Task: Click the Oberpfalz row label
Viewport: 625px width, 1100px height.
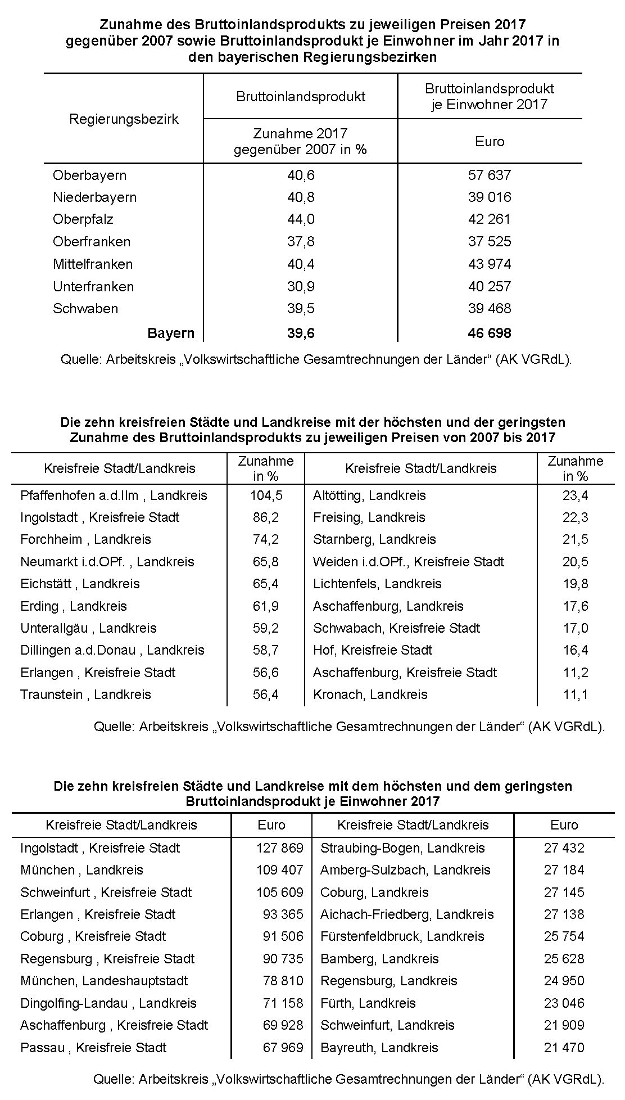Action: (83, 219)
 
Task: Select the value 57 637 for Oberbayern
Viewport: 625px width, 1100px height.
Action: (490, 175)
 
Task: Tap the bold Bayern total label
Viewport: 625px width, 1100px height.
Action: (171, 333)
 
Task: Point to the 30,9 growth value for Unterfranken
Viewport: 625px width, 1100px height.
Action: (301, 286)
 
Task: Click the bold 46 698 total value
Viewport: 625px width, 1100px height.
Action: (490, 333)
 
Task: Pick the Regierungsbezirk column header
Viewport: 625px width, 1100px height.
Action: (124, 119)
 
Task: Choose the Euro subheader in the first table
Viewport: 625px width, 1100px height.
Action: (490, 142)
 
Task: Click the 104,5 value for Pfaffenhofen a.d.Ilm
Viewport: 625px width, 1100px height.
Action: (266, 495)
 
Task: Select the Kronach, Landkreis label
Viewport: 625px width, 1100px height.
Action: (370, 695)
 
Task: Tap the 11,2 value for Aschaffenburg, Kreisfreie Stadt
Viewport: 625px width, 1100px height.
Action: (576, 673)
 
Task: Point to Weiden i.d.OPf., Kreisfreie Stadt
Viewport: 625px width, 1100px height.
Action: (409, 562)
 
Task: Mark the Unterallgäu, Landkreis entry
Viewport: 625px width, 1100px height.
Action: (88, 628)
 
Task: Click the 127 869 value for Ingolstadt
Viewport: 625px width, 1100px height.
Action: (280, 848)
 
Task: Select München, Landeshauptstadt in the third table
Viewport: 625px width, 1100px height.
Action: (104, 981)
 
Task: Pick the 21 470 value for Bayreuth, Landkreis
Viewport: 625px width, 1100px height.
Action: (564, 1048)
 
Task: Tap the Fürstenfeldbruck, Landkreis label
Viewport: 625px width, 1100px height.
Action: (402, 936)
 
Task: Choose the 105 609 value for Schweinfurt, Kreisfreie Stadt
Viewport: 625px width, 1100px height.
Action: (280, 892)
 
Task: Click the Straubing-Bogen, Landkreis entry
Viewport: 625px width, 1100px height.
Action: (402, 848)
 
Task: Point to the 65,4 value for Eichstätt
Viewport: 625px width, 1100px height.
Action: (266, 584)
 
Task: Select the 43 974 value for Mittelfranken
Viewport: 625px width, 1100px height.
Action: (490, 264)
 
